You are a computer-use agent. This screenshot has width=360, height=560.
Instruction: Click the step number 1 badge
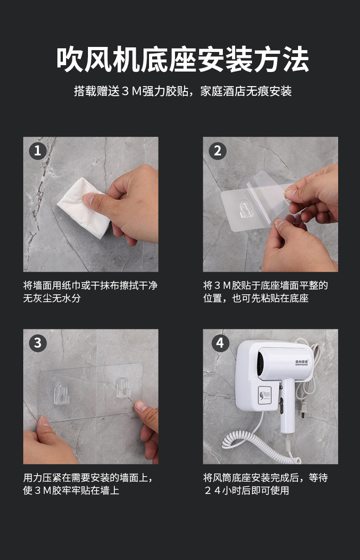[38, 151]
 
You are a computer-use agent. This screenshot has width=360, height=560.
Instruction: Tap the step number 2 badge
[217, 151]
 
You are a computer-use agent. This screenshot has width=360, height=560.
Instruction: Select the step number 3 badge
[38, 343]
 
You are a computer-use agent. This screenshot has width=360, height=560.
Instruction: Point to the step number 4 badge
[220, 343]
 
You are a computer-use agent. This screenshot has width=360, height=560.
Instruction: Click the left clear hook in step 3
[61, 394]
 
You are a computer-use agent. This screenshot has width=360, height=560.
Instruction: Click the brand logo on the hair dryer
[302, 363]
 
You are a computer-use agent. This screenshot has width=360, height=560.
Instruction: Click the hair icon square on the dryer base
[265, 396]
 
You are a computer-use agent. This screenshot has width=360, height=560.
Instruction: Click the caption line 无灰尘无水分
[52, 298]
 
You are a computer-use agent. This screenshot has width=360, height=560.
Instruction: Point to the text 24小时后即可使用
[247, 490]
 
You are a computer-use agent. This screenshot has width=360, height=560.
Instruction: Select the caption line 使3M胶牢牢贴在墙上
[71, 490]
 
